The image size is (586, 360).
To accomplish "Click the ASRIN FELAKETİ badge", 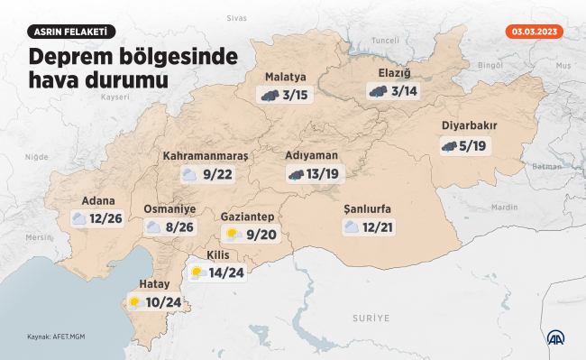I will [71, 32].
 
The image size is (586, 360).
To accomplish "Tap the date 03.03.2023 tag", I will [535, 32].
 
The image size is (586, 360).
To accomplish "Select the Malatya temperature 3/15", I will [295, 94].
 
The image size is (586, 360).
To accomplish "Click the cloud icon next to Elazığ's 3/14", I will [378, 91].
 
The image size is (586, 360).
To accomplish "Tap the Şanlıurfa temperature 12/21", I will [378, 226].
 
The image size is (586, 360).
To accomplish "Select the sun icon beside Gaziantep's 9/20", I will [233, 235].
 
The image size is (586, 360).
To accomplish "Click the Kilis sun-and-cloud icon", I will [197, 272].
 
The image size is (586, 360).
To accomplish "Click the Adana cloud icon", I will [80, 218].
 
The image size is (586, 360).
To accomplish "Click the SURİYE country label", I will [371, 318].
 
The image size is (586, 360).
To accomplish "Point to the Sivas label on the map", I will [236, 17].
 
